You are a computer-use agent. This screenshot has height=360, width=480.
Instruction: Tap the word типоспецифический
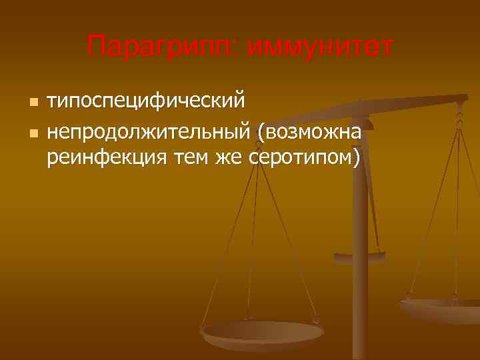tap(146, 101)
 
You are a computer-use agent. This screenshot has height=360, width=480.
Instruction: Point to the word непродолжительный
tap(147, 132)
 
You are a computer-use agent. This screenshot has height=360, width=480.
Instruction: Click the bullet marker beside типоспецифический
tap(32, 102)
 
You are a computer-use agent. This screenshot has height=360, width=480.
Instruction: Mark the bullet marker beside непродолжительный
tap(32, 133)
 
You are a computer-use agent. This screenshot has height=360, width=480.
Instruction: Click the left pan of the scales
tap(261, 332)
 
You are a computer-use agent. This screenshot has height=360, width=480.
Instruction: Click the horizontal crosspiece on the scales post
tap(359, 255)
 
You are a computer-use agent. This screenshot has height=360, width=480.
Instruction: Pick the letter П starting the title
tap(95, 47)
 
